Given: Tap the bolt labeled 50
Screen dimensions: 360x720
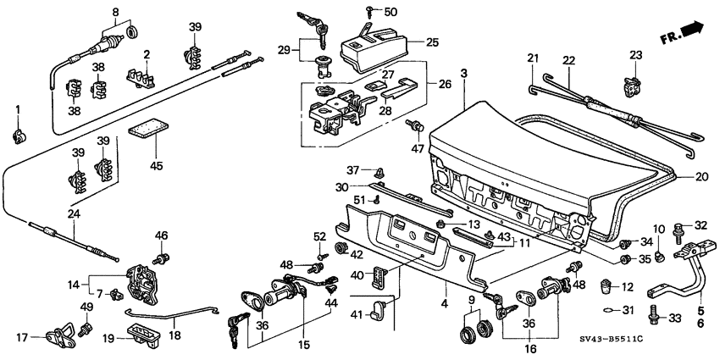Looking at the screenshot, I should tap(371, 12).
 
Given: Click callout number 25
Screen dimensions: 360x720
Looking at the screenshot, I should tap(432, 41).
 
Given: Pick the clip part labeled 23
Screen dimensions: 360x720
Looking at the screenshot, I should tap(631, 83).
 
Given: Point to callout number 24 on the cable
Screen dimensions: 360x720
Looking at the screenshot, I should tap(75, 214).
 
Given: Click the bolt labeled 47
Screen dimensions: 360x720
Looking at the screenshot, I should tap(415, 128).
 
